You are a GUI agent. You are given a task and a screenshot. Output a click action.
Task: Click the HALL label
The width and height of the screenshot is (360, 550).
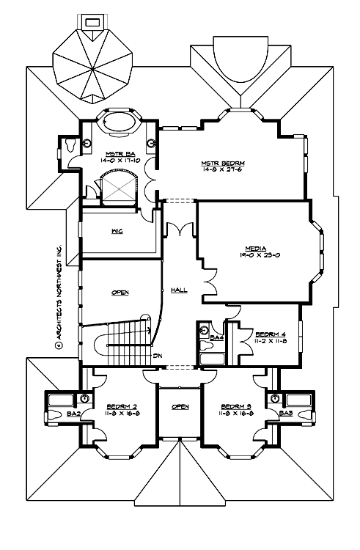[179, 290]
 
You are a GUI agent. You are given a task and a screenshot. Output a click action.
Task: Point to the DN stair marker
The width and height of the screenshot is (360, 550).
[158, 356]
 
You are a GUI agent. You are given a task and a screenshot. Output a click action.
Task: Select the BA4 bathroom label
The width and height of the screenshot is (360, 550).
[216, 338]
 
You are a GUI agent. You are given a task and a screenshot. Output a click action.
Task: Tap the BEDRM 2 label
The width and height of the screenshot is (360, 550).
[119, 406]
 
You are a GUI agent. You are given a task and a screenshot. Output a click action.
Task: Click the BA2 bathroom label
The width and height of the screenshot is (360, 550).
[73, 414]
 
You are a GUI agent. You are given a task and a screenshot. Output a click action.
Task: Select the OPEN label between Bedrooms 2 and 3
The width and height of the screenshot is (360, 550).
[180, 406]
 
